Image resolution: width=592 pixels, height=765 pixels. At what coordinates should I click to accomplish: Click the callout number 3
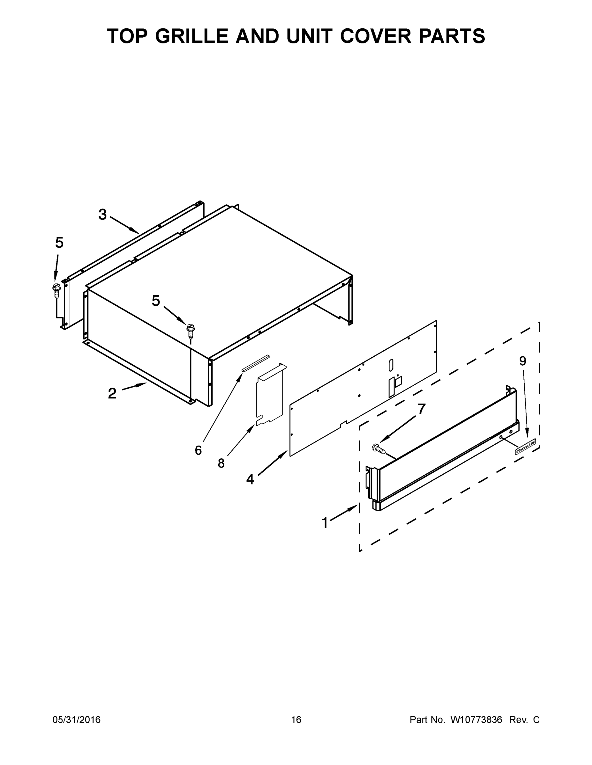tap(102, 215)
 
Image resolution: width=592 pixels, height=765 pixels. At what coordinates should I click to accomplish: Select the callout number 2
tap(112, 393)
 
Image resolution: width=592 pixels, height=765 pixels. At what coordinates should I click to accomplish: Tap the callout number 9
tap(522, 361)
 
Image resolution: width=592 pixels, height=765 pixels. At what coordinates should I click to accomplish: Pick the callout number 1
tap(325, 523)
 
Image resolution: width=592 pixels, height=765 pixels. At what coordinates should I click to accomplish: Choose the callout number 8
tap(221, 463)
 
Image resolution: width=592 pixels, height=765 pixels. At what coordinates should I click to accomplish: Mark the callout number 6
tap(198, 450)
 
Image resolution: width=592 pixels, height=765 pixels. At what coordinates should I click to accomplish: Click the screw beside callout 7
tap(378, 449)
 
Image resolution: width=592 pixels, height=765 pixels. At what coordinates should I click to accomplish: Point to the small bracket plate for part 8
tap(270, 394)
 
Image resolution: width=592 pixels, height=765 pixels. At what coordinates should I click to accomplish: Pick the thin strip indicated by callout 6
tap(255, 363)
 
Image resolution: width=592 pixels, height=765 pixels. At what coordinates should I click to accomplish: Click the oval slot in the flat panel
tap(391, 365)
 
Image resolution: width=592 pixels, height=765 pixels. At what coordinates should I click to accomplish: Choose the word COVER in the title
tap(376, 36)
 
